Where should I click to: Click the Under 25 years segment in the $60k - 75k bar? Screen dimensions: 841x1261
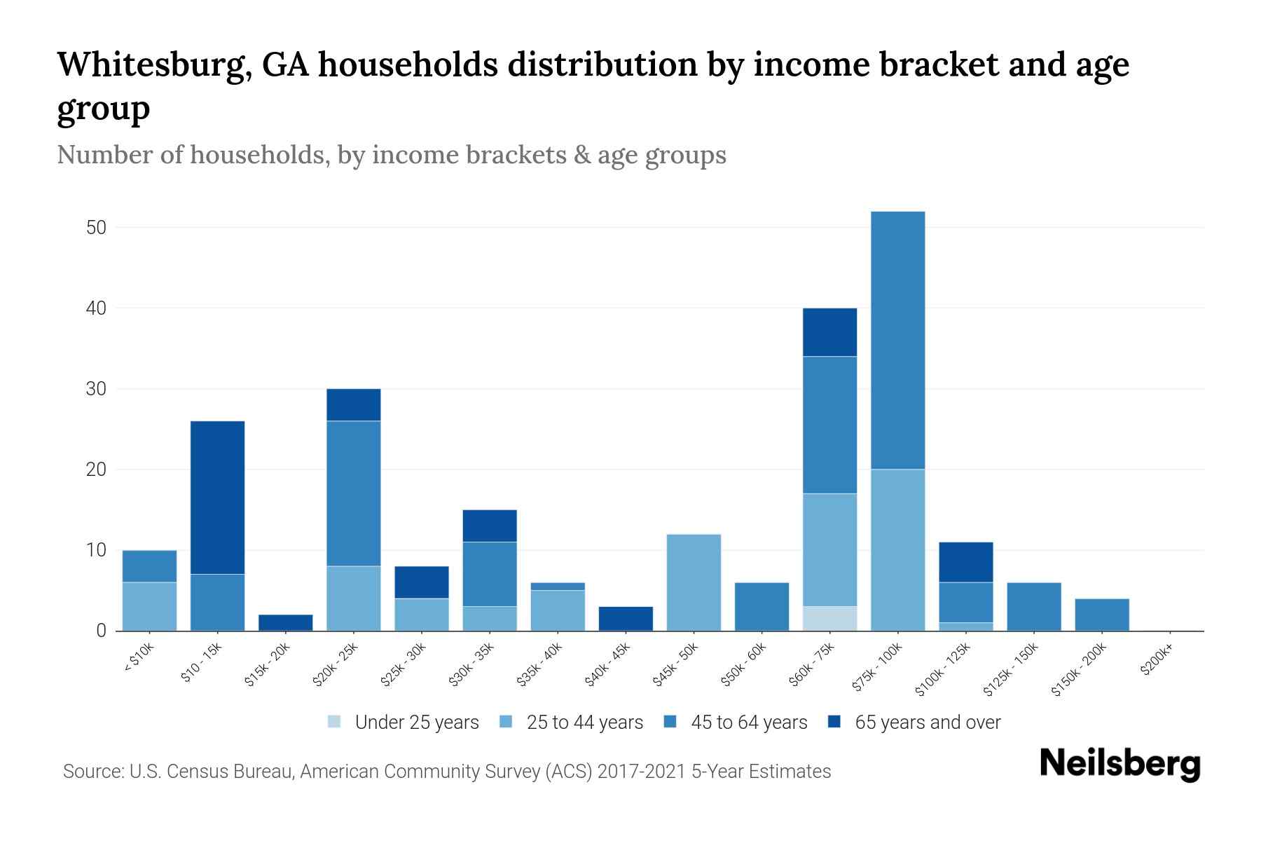click(829, 618)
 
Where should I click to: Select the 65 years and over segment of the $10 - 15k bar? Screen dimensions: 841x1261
click(217, 498)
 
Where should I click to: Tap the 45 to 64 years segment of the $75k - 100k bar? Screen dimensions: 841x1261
click(897, 340)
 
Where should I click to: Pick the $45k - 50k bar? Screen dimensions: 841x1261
click(694, 582)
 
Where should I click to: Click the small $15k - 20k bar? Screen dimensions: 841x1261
click(286, 622)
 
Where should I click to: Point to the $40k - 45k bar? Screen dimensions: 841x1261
click(626, 618)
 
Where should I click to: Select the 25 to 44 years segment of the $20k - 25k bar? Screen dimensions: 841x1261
click(354, 598)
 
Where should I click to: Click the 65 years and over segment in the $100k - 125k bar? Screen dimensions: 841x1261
click(965, 562)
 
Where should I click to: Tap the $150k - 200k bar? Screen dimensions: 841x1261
click(1101, 615)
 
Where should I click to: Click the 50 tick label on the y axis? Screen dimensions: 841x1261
click(97, 228)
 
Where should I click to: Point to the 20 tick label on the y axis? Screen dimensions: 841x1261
click(97, 470)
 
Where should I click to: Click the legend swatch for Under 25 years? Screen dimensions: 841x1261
click(335, 722)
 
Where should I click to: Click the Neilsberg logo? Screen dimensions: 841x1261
click(1119, 764)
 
